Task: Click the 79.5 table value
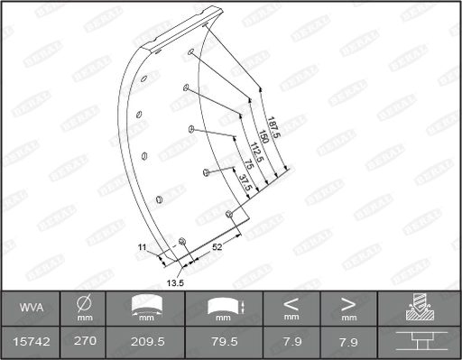pyautogui.click(x=222, y=343)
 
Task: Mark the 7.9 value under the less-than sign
pyautogui.click(x=291, y=343)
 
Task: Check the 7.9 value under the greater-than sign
pyautogui.click(x=348, y=343)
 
